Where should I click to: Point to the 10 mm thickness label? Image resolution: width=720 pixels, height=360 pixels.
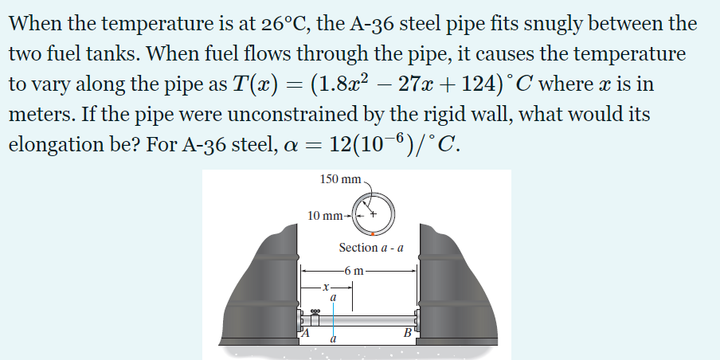tap(325, 215)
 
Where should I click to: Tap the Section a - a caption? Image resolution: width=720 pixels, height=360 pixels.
tap(370, 248)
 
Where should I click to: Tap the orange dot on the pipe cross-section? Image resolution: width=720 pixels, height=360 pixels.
tap(380, 233)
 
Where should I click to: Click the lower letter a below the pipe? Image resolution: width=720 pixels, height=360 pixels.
tap(334, 340)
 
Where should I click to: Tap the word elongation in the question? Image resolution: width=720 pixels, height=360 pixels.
tap(57, 147)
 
